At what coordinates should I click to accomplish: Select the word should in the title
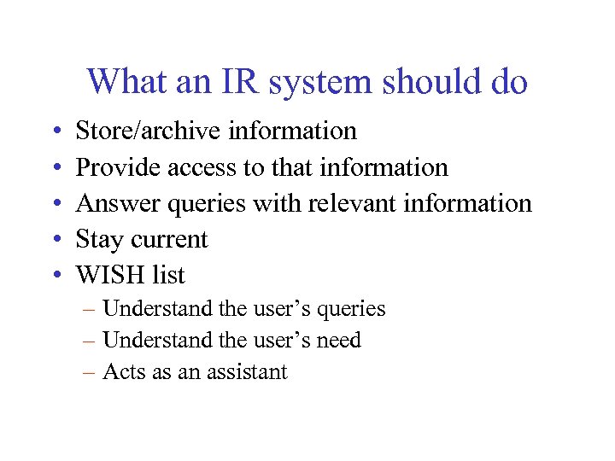[432, 82]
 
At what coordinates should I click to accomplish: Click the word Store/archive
[147, 131]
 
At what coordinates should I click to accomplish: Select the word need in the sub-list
[338, 340]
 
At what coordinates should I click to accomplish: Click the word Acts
[122, 371]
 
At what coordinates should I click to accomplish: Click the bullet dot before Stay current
[55, 240]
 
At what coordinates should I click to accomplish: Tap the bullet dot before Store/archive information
[55, 131]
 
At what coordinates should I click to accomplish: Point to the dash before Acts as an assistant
[88, 371]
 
